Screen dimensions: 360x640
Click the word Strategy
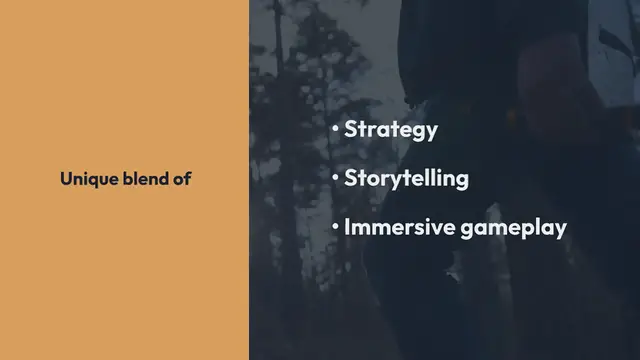pyautogui.click(x=391, y=130)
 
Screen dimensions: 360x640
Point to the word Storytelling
pyautogui.click(x=406, y=179)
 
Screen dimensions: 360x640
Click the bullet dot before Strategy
pyautogui.click(x=337, y=130)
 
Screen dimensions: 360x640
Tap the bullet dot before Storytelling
pyautogui.click(x=337, y=179)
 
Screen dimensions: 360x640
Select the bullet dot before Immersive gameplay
pyautogui.click(x=337, y=227)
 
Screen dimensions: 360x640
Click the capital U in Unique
pyautogui.click(x=65, y=180)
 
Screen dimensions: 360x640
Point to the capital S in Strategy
pyautogui.click(x=351, y=130)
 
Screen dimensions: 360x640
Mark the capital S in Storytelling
pyautogui.click(x=351, y=179)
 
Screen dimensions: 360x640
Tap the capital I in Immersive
pyautogui.click(x=347, y=227)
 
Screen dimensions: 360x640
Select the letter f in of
pyautogui.click(x=187, y=180)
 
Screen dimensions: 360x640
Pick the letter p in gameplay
pyautogui.click(x=531, y=230)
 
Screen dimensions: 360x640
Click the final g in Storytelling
pyautogui.click(x=462, y=182)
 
